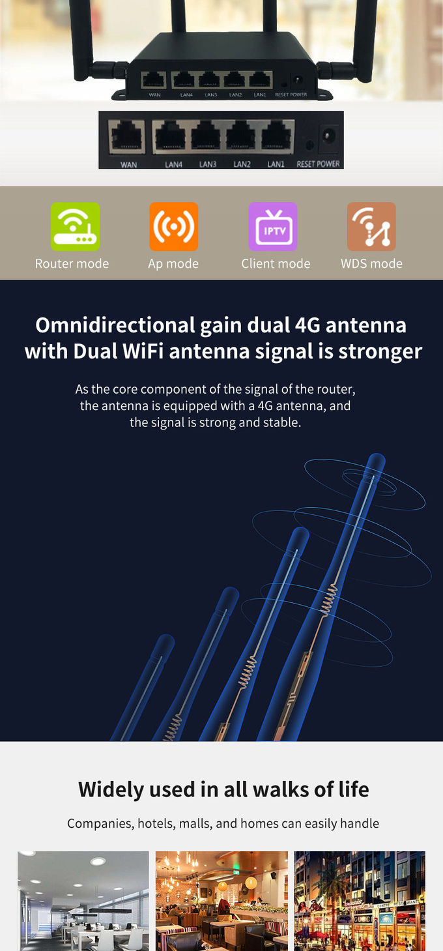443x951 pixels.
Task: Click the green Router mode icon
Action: pos(75,226)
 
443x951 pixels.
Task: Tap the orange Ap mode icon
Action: pos(173,226)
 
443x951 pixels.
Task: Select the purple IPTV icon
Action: pos(272,226)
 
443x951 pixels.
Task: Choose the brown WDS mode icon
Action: pos(371,226)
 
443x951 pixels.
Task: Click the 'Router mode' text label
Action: pos(72,263)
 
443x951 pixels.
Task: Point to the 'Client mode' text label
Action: pos(276,263)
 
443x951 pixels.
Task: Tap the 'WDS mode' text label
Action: pos(372,263)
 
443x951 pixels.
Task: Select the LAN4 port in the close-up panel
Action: pos(171,136)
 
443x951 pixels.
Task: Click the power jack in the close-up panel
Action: pos(328,137)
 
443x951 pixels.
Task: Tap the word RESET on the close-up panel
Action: pos(306,164)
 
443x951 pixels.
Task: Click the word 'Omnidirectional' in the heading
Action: pos(115,326)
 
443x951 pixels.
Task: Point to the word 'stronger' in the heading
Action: pos(380,352)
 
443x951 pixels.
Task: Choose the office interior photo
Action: pos(83,901)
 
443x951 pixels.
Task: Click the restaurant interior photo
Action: pos(221,901)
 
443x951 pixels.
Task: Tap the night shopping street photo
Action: pos(360,901)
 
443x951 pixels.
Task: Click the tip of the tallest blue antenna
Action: pos(377,455)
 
